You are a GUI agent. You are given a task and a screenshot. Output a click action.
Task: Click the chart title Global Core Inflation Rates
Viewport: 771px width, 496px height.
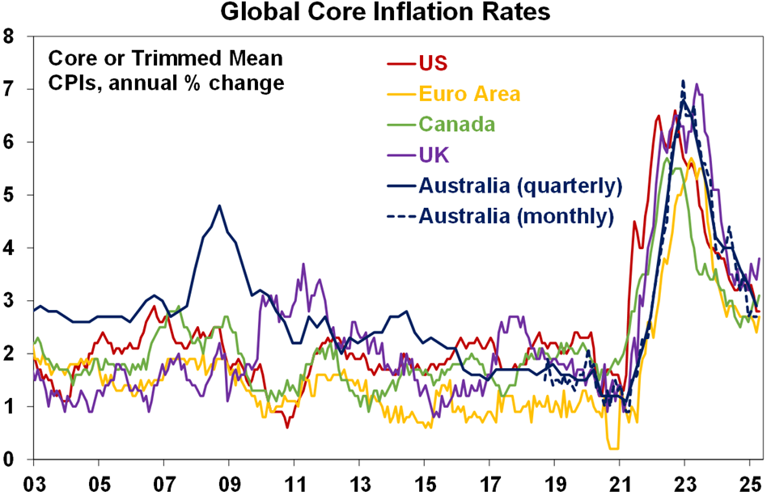[x=386, y=14]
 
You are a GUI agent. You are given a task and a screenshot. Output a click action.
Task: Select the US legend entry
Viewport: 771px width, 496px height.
[x=433, y=63]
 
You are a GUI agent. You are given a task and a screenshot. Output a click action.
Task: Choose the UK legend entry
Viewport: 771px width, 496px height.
[x=433, y=154]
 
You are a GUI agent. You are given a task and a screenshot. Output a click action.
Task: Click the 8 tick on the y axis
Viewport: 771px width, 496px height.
[x=11, y=36]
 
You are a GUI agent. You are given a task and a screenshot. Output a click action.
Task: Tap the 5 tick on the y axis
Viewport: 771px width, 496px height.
[x=11, y=195]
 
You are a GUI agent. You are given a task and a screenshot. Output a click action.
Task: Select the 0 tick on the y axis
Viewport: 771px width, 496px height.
[x=11, y=460]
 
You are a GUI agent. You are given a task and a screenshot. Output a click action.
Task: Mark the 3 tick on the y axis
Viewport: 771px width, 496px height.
[x=11, y=301]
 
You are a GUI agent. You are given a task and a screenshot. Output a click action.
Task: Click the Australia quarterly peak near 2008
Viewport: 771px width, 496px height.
[x=219, y=206]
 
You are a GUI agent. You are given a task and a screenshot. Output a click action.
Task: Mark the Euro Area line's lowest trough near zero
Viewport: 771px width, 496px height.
[x=613, y=447]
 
